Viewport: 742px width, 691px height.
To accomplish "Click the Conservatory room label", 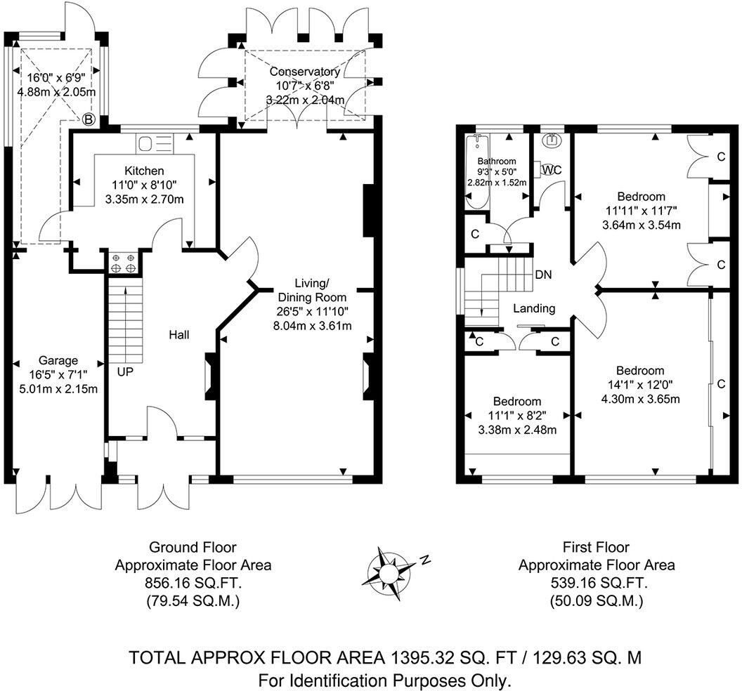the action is tap(305, 72).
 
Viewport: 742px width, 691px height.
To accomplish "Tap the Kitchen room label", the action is tap(144, 171).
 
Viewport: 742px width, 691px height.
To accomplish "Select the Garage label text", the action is tap(59, 360).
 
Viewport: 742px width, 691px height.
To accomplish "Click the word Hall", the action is tap(178, 336).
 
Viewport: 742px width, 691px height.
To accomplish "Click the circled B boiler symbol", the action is tap(89, 119).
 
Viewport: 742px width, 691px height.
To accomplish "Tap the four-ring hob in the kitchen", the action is tap(123, 263).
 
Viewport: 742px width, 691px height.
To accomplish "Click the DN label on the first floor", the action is tap(543, 275).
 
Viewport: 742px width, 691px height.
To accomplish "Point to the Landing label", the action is tap(534, 308).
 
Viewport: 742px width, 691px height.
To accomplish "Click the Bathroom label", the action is tap(497, 161).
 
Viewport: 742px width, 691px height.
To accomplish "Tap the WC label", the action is tap(552, 169).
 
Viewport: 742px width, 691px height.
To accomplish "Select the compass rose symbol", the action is tap(388, 572).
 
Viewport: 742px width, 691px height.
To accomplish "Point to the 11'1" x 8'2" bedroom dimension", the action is tap(516, 415).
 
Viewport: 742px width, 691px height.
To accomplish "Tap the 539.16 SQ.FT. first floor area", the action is tap(597, 583).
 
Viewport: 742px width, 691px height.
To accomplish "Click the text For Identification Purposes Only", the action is tap(385, 680).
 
